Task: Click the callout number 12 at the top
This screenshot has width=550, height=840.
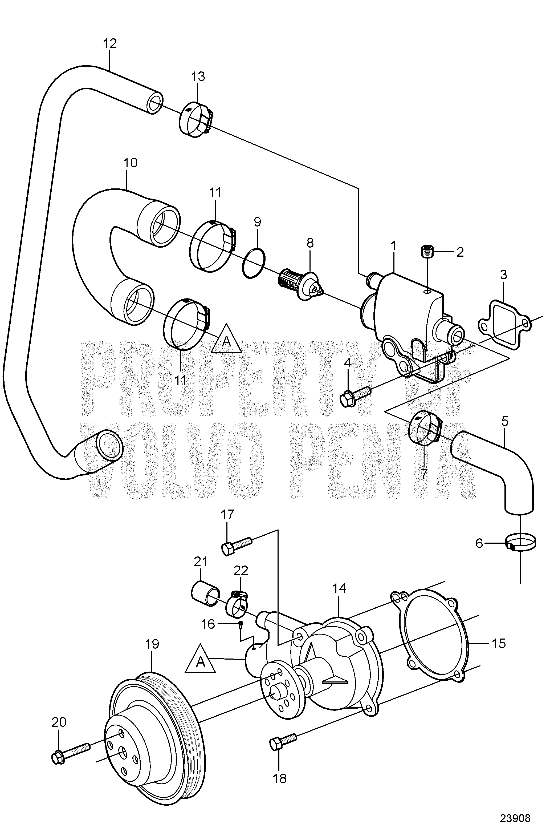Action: [110, 44]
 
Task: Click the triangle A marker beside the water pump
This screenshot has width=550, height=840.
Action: [200, 660]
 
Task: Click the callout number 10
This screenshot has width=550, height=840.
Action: [131, 163]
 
